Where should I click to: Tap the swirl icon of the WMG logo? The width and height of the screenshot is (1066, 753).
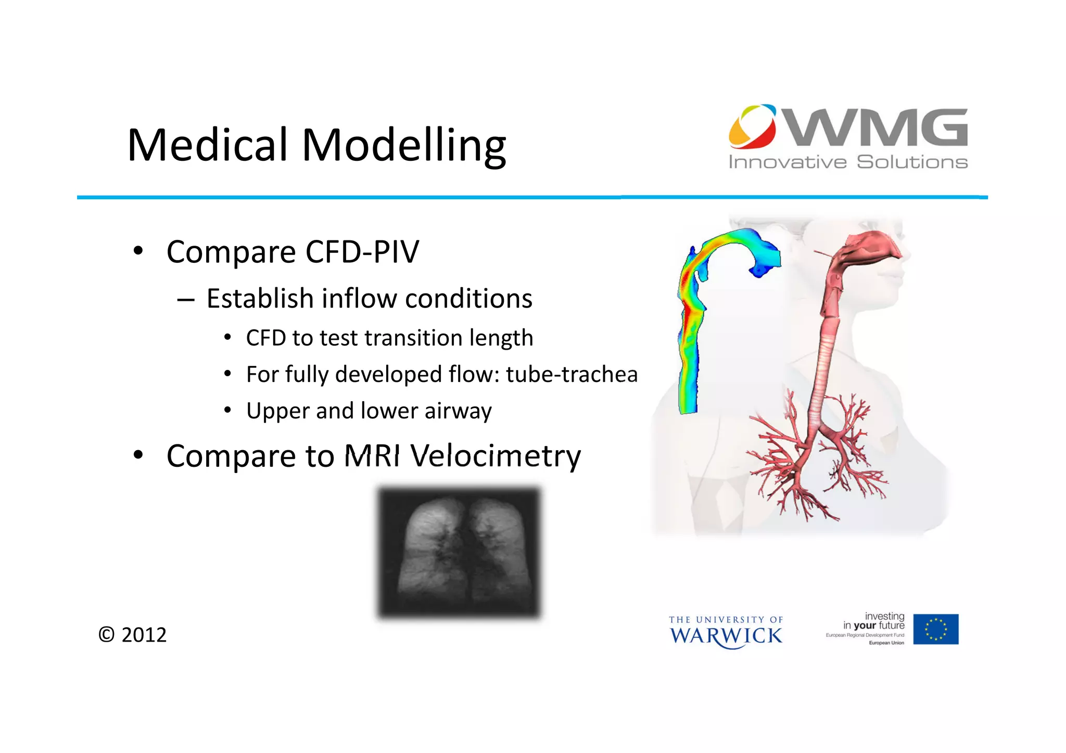tap(753, 126)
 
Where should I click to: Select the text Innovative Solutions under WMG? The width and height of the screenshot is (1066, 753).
tap(848, 162)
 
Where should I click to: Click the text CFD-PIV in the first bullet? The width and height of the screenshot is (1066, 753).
tap(362, 252)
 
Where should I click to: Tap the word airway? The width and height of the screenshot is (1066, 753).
tap(458, 411)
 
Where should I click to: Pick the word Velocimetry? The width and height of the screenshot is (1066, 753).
tap(495, 456)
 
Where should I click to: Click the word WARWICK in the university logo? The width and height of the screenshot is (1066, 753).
tap(726, 636)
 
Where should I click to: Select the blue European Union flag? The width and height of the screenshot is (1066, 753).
tap(935, 629)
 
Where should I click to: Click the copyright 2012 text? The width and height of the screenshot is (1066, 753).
tap(133, 635)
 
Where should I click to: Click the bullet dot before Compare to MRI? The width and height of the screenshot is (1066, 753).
tap(137, 455)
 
